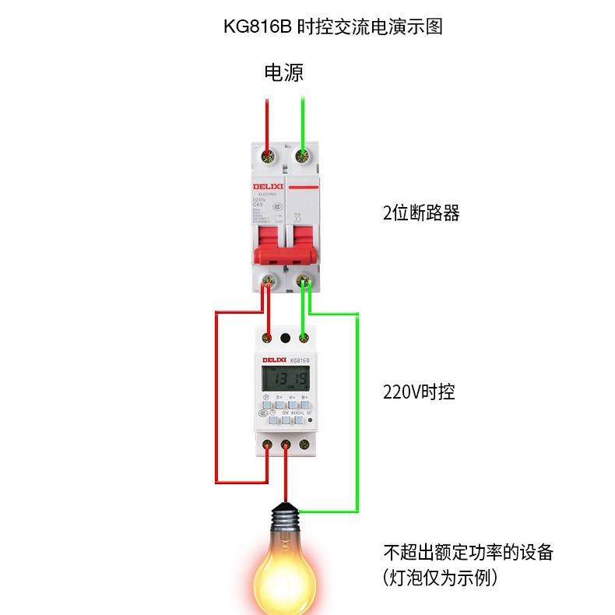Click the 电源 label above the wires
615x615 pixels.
(283, 73)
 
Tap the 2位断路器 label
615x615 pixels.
(421, 213)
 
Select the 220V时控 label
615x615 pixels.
(419, 392)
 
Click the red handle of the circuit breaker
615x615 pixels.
(285, 246)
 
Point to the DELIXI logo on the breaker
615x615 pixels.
(266, 187)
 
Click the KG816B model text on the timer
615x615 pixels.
(300, 360)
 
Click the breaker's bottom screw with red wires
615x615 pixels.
(269, 281)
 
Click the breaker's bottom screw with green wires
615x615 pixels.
(304, 280)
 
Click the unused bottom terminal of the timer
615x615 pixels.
(303, 445)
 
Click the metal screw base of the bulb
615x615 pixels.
(286, 517)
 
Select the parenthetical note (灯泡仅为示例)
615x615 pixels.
(441, 578)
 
